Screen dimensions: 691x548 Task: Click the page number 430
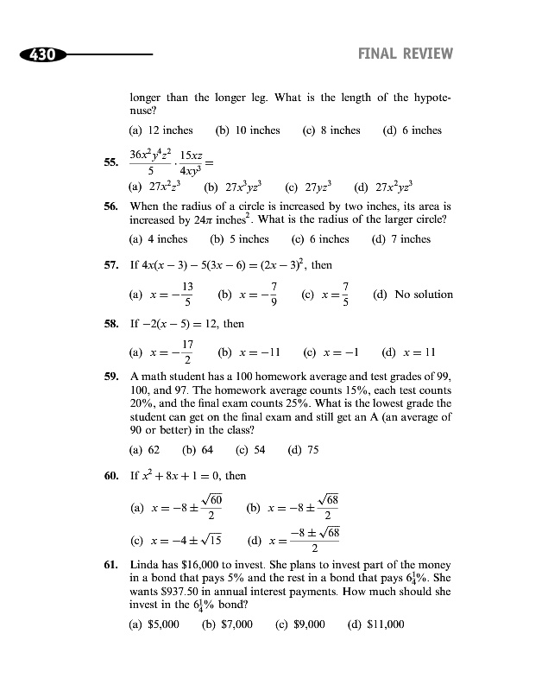tap(41, 54)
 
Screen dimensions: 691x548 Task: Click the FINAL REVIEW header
tap(405, 54)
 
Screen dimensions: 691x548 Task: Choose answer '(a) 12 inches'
tap(161, 130)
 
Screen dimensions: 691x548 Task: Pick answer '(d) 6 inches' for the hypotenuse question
tap(412, 130)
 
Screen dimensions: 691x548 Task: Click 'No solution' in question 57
tap(423, 295)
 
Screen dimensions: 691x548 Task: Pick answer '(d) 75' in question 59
tap(303, 449)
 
